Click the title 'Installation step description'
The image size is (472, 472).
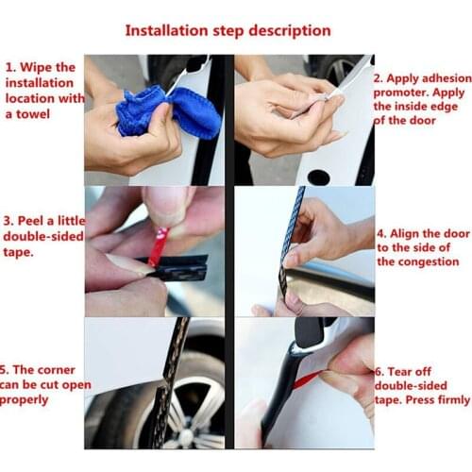click(235, 29)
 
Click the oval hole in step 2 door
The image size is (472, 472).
click(319, 176)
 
